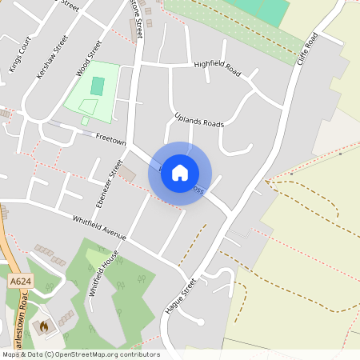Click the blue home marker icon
click(x=180, y=173)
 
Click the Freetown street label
click(x=111, y=139)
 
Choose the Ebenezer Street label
click(x=106, y=184)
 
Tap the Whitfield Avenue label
click(x=99, y=226)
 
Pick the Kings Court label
click(x=18, y=58)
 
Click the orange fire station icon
click(x=44, y=326)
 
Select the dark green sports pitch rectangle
click(x=98, y=86)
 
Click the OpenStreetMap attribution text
click(x=80, y=354)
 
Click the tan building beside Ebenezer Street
click(x=128, y=173)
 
